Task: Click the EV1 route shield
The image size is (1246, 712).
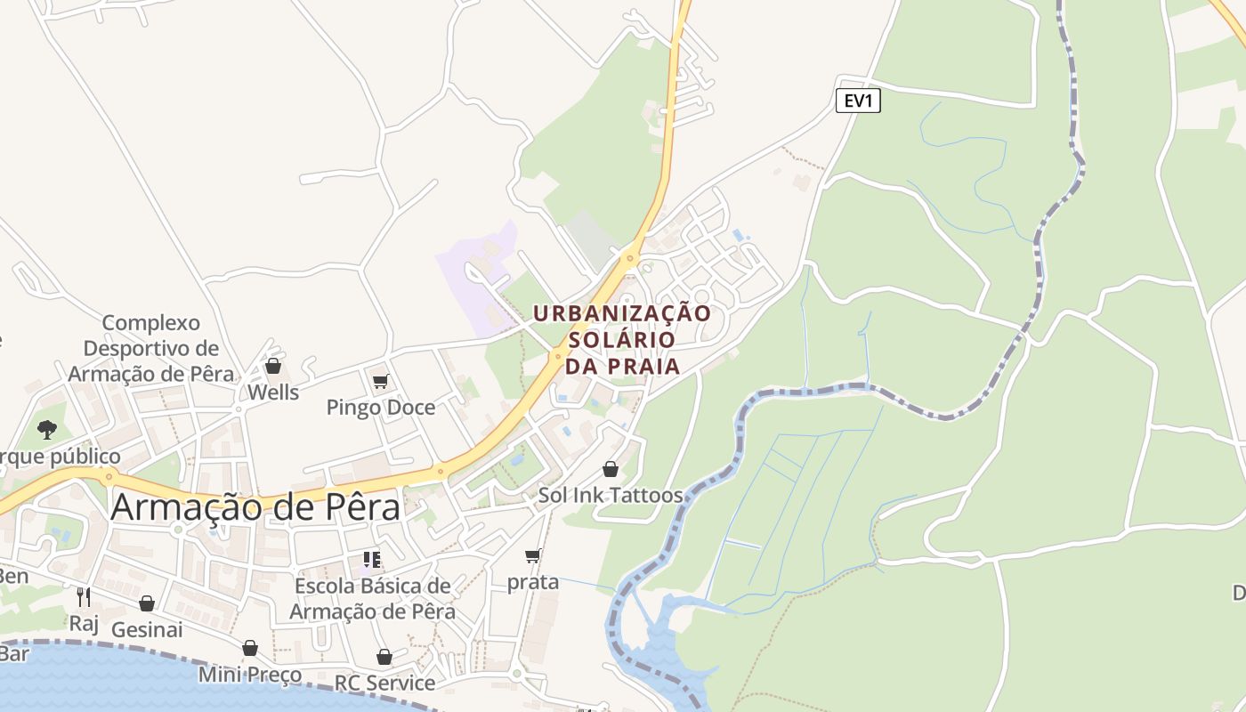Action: click(858, 101)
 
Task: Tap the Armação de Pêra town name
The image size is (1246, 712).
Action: click(255, 506)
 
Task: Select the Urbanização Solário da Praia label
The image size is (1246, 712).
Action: click(622, 339)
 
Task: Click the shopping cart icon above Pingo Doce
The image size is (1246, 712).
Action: click(380, 382)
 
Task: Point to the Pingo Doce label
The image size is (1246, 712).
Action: click(380, 408)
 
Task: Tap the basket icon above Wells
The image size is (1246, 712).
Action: click(273, 367)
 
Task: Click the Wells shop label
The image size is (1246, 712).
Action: click(273, 392)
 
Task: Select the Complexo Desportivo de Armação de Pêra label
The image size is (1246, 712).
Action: click(151, 348)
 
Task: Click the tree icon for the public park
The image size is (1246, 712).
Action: click(47, 431)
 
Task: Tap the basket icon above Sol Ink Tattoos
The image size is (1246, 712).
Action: click(611, 469)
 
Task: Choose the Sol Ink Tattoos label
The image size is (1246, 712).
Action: click(611, 496)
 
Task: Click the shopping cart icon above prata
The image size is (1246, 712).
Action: click(532, 556)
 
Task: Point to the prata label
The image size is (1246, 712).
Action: click(533, 582)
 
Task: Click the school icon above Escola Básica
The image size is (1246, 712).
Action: click(372, 560)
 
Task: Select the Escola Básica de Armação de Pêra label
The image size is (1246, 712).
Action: click(372, 599)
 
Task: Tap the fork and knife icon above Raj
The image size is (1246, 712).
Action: click(84, 596)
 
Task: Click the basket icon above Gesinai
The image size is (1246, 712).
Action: click(147, 603)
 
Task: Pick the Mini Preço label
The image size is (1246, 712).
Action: click(250, 675)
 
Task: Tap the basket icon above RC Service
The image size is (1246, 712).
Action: click(384, 657)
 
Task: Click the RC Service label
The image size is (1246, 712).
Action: click(384, 683)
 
